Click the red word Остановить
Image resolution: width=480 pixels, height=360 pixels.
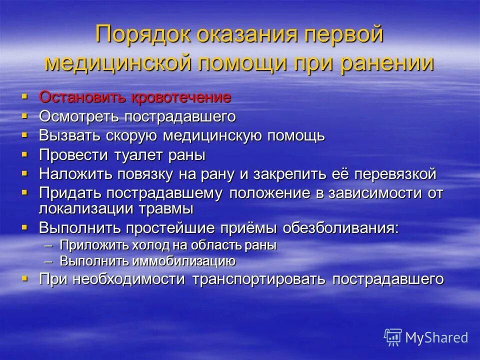pyautogui.click(x=83, y=97)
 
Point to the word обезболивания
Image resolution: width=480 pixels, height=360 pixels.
pyautogui.click(x=341, y=227)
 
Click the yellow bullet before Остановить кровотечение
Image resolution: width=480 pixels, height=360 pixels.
pyautogui.click(x=25, y=95)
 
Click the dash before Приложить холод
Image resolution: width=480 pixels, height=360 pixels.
pyautogui.click(x=48, y=246)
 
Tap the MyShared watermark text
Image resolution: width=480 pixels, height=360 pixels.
pyautogui.click(x=436, y=337)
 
